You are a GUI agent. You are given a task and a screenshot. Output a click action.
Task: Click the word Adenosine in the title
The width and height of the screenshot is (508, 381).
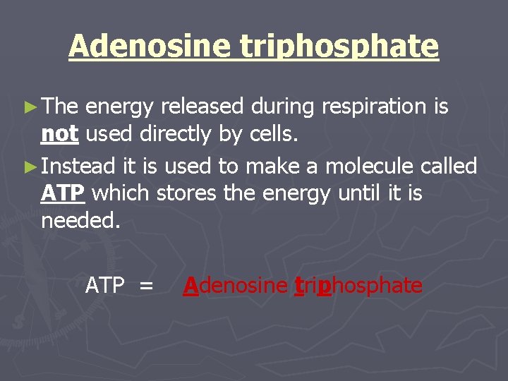(x=149, y=47)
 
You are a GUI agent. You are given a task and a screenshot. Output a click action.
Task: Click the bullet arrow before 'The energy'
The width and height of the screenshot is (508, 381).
(x=29, y=107)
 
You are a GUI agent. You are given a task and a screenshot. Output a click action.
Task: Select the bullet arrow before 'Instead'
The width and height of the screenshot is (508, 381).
(x=29, y=167)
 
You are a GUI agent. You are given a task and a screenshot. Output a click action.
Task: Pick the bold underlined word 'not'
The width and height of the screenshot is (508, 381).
(x=59, y=134)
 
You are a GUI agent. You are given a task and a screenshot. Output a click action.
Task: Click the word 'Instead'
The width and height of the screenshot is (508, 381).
(x=78, y=167)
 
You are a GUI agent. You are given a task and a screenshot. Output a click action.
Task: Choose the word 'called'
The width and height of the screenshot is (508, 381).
(x=449, y=167)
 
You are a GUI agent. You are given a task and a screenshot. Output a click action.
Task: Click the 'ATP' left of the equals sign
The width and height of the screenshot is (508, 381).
(x=104, y=286)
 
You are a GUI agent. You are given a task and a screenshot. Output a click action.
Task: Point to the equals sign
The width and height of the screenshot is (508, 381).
(x=146, y=286)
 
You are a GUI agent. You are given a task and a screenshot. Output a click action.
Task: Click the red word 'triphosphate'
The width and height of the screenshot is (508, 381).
(x=358, y=286)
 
